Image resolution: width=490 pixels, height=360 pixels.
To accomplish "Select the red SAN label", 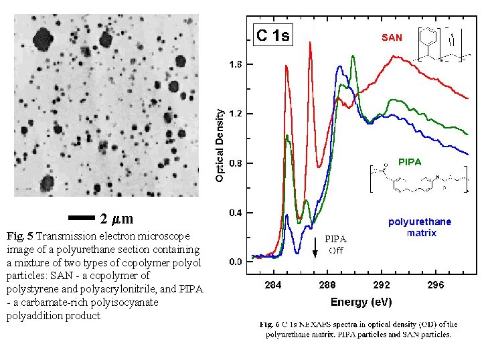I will (x=392, y=38).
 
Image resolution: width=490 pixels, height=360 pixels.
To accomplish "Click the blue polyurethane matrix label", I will (x=420, y=227).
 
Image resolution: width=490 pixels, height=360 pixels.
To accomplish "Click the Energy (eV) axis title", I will (x=360, y=302).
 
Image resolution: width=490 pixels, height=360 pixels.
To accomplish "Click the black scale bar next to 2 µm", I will (x=82, y=218).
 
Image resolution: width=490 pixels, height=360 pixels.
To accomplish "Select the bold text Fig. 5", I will (x=19, y=236).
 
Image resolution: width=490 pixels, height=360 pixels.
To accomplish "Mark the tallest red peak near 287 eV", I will (x=311, y=43).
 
